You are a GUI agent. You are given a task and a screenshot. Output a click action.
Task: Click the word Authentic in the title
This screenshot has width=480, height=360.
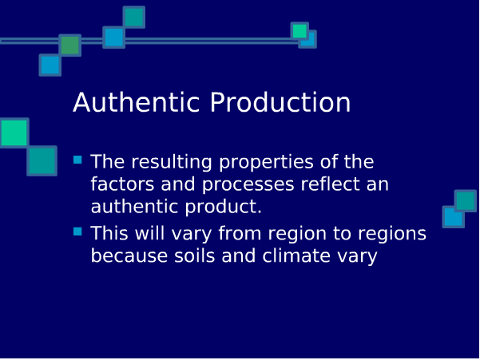[137, 102]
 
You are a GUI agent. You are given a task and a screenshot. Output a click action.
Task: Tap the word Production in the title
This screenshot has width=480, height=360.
[280, 102]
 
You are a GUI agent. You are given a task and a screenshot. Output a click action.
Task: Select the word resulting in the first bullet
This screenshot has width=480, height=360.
[172, 162]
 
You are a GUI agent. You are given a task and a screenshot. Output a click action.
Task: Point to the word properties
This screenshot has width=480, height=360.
[266, 163]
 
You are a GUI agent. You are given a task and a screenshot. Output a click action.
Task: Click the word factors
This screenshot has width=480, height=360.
[122, 184]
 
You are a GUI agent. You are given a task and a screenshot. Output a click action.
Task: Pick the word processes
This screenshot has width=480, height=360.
[248, 185]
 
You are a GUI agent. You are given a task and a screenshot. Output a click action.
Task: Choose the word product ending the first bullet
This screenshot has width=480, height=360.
[224, 208]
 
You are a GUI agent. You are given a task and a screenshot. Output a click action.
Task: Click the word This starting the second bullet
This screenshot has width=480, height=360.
[109, 233]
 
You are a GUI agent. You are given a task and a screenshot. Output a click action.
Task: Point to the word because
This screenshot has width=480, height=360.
[129, 255]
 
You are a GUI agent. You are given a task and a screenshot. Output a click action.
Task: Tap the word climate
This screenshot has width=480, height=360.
[296, 255]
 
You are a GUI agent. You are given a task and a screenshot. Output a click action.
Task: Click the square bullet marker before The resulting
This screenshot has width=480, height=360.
[77, 160]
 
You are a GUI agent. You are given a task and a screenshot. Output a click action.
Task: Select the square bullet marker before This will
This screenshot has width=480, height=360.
[77, 231]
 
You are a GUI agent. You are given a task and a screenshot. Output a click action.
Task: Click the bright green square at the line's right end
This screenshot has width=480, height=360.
[300, 31]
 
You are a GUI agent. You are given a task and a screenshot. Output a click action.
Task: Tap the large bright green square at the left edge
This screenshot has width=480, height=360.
[14, 133]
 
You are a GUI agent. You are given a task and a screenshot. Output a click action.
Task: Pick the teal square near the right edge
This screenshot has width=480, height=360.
[466, 201]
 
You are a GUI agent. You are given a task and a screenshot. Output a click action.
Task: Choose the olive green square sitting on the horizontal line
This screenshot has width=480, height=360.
[69, 45]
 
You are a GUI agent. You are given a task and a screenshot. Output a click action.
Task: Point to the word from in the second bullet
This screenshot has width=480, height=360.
[240, 233]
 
